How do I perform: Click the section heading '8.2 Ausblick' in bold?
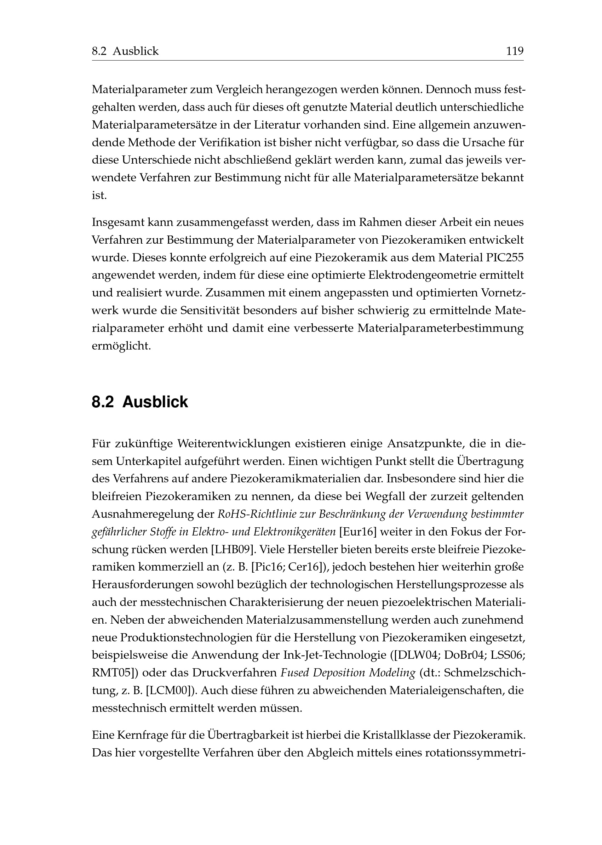(x=140, y=402)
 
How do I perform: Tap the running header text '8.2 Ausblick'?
(x=125, y=51)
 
